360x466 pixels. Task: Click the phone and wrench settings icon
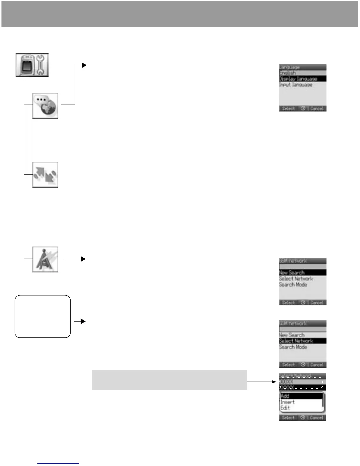click(32, 65)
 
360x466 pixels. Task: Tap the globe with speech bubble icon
click(45, 106)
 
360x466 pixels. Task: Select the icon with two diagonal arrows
click(45, 174)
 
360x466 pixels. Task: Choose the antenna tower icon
click(45, 259)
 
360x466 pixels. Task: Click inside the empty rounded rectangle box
click(43, 316)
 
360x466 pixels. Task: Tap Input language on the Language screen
click(296, 85)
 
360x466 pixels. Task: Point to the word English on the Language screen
click(288, 73)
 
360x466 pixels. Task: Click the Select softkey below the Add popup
click(288, 417)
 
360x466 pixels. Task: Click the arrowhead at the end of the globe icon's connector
click(84, 65)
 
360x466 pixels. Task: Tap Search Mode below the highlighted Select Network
click(293, 347)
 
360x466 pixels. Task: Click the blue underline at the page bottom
click(58, 463)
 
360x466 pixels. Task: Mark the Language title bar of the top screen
click(302, 67)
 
